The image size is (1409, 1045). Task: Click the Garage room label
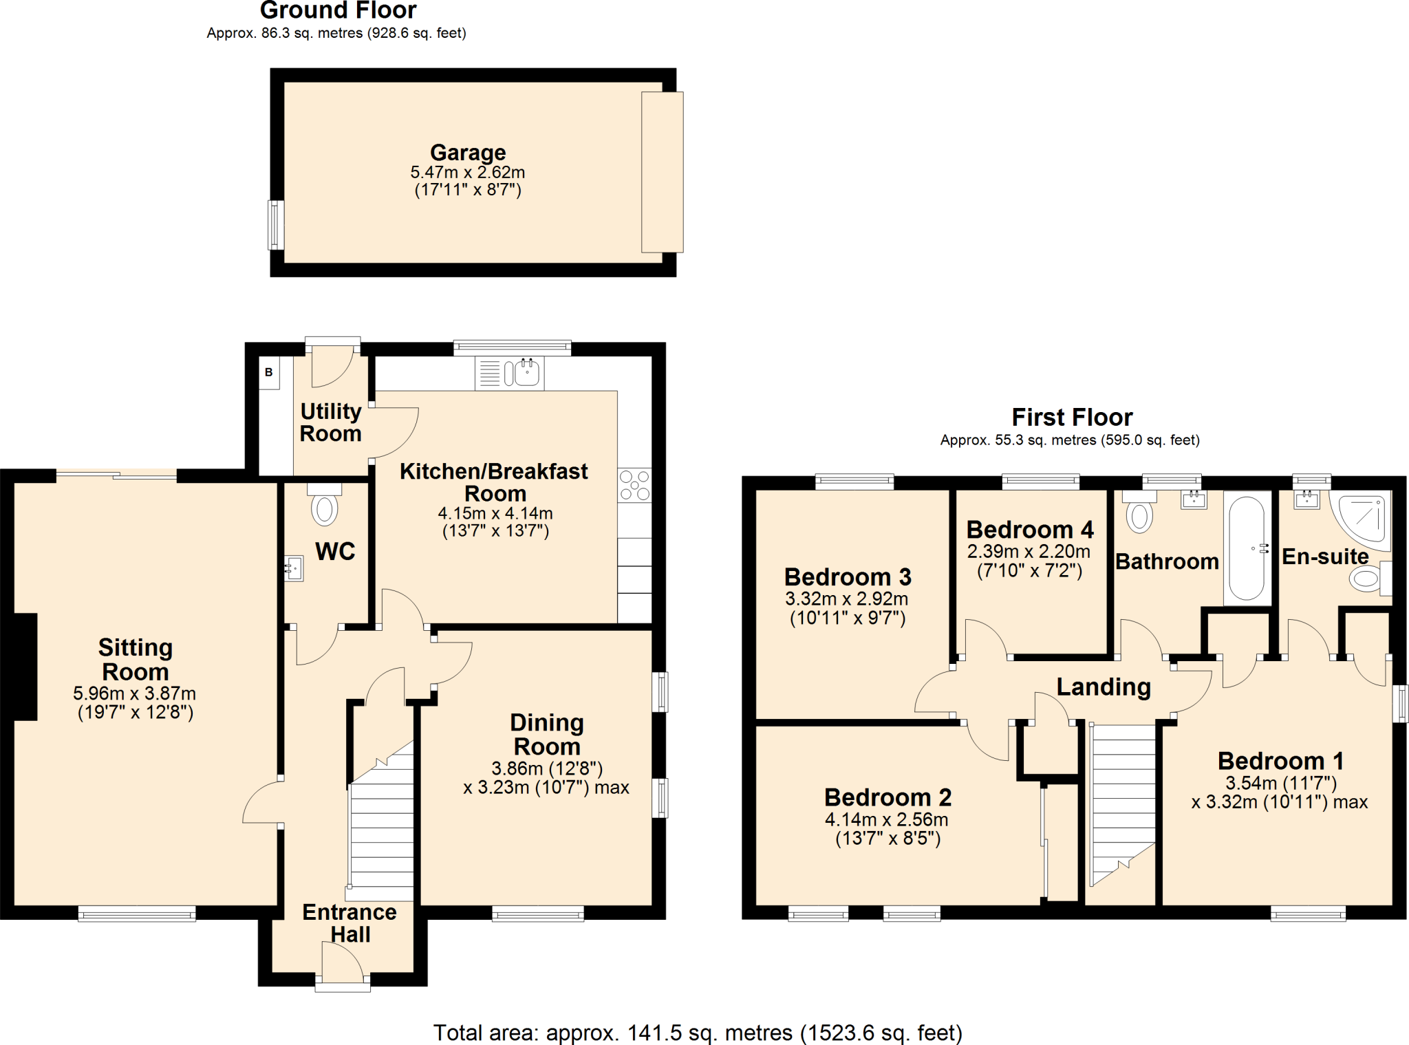[468, 152]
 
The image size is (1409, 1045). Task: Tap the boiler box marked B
[269, 372]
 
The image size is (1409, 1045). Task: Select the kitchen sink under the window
[526, 374]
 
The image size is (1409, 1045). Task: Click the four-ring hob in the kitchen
[634, 485]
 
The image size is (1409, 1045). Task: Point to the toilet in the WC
[324, 508]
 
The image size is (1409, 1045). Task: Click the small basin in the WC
[294, 568]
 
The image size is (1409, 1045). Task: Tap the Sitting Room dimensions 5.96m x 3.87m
[135, 693]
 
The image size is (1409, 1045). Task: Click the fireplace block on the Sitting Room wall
[25, 667]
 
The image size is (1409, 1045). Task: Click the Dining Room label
[547, 734]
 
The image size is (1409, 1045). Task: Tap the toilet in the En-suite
[1366, 579]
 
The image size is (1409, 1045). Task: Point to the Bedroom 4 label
[1030, 530]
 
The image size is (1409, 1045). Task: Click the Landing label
[1104, 687]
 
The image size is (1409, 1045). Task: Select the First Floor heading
[1071, 417]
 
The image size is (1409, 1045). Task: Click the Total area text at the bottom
[697, 1033]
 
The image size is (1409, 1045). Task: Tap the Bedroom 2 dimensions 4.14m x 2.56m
[886, 819]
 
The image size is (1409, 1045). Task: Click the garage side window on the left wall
[276, 225]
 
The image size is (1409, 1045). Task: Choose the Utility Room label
[331, 422]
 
